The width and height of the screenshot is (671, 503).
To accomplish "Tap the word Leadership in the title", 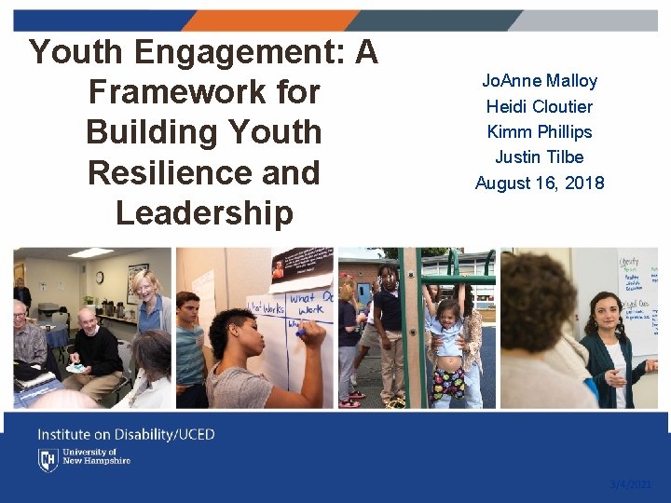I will point(203,212).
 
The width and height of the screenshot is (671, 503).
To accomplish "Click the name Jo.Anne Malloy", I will point(540,81).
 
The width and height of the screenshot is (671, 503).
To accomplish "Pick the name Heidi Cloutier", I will point(539,106).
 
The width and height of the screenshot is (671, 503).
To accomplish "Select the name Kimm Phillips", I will point(539,131).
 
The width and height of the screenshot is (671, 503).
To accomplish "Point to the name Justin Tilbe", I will point(539,156).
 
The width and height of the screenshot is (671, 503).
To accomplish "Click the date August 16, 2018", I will point(539,183).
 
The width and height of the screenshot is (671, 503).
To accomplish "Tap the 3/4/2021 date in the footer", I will point(631,484).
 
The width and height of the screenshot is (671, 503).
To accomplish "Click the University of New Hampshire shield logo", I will point(48,459).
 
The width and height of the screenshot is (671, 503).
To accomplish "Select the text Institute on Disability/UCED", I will point(126,434).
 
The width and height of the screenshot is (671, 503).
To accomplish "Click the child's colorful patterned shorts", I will point(450,382).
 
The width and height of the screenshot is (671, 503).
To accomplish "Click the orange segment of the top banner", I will point(270,20).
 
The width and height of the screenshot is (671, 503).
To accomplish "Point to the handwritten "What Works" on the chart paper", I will point(266,308).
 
